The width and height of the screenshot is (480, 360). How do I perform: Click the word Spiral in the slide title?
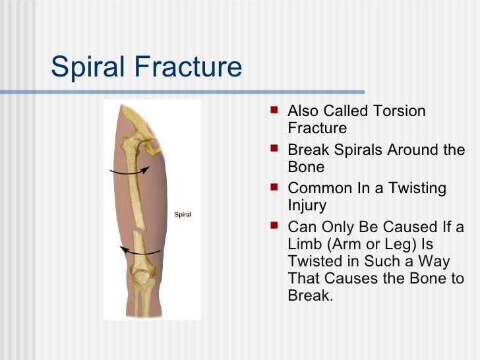click(86, 67)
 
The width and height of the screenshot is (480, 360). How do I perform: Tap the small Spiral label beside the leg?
click(183, 214)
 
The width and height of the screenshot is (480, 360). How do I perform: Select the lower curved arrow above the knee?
click(142, 251)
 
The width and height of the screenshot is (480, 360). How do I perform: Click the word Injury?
click(307, 205)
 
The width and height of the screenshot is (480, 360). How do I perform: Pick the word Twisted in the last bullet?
click(313, 261)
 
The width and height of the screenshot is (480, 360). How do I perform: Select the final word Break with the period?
click(311, 295)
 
